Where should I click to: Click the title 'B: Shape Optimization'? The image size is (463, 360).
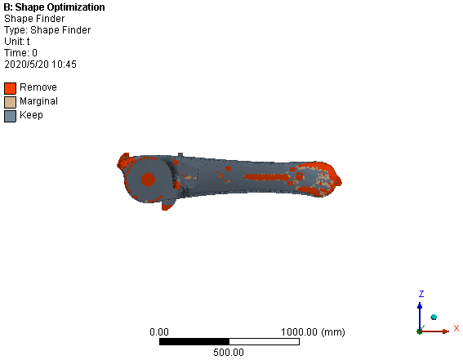point(55,7)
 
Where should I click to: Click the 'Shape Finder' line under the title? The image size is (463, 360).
point(34,19)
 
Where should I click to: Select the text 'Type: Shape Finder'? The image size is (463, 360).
point(47,30)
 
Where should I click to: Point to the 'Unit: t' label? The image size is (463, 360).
point(17,42)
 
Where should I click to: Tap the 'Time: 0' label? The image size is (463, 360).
point(20,53)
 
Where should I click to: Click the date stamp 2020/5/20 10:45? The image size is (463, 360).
point(40,64)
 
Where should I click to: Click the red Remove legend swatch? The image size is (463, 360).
point(10,88)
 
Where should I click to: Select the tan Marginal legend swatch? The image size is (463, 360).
point(10,102)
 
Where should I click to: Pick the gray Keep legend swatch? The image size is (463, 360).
point(10,116)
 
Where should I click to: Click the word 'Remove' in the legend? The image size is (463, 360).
point(38,87)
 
